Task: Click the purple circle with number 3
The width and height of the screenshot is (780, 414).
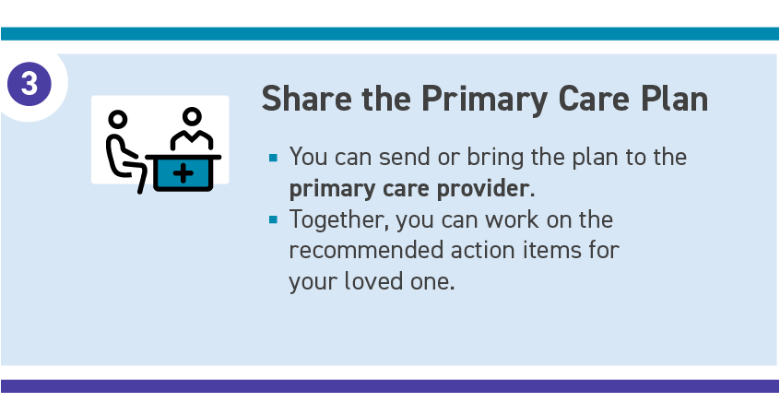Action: pyautogui.click(x=30, y=84)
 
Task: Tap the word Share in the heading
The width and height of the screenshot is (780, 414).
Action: pyautogui.click(x=307, y=99)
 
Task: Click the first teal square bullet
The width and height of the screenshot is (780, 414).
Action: pyautogui.click(x=273, y=158)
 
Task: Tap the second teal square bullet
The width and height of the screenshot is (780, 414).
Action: pyautogui.click(x=273, y=219)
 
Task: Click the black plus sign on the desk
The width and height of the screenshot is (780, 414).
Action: pyautogui.click(x=183, y=173)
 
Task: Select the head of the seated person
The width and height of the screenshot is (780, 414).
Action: pyautogui.click(x=118, y=120)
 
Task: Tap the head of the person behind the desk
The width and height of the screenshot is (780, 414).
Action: pyautogui.click(x=192, y=117)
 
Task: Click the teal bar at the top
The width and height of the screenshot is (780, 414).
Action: pyautogui.click(x=390, y=33)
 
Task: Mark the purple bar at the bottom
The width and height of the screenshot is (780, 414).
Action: pyautogui.click(x=390, y=386)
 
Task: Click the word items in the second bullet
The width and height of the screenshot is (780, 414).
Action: pyautogui.click(x=551, y=250)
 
